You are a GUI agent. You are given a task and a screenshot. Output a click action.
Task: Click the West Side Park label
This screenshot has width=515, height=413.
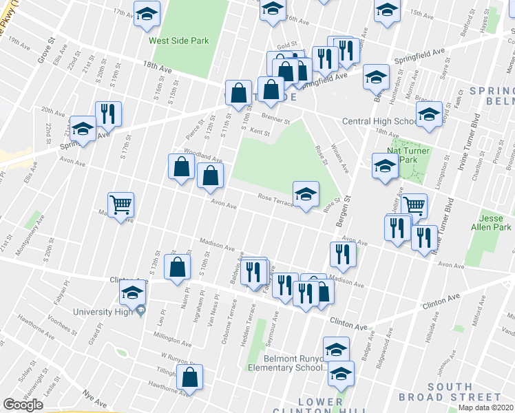point(179,41)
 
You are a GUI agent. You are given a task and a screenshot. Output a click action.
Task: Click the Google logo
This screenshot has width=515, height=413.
point(23,405)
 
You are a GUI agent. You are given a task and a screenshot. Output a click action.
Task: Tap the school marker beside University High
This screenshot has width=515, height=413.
point(133,294)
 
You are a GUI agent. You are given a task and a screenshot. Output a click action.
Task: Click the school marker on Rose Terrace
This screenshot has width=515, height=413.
point(306,195)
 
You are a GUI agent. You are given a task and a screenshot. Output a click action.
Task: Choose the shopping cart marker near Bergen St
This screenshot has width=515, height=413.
point(413,205)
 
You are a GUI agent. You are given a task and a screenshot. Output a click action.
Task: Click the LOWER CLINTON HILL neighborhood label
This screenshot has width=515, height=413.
point(321,406)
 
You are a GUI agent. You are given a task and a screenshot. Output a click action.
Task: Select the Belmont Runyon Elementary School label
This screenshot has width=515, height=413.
point(294,363)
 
